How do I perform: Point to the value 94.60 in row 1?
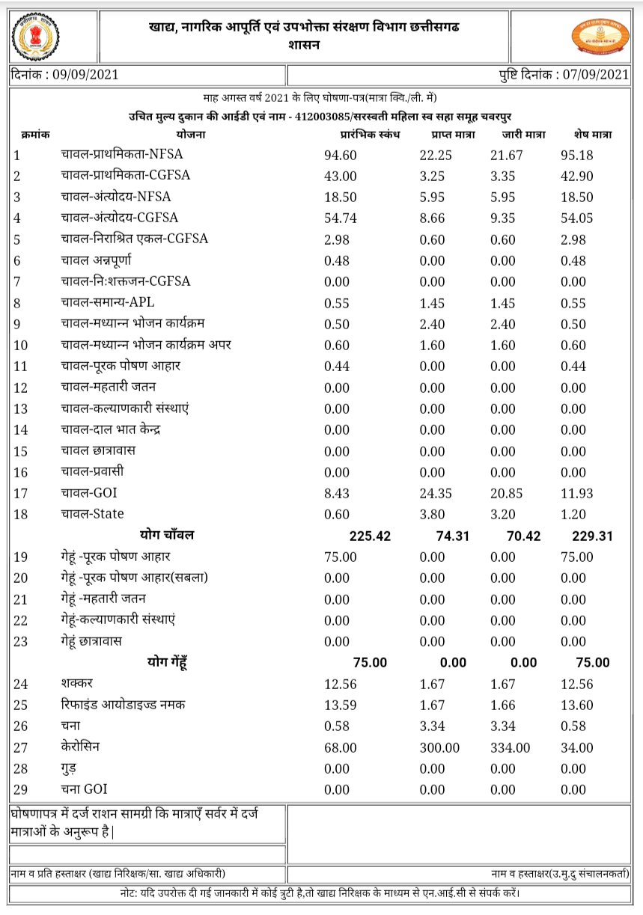coord(341,156)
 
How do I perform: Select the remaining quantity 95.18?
coord(576,156)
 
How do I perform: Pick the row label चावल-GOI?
coord(89,493)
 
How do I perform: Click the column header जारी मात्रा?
coord(523,135)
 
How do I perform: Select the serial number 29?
coord(20,790)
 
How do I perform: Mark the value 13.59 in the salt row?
coord(341,706)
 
